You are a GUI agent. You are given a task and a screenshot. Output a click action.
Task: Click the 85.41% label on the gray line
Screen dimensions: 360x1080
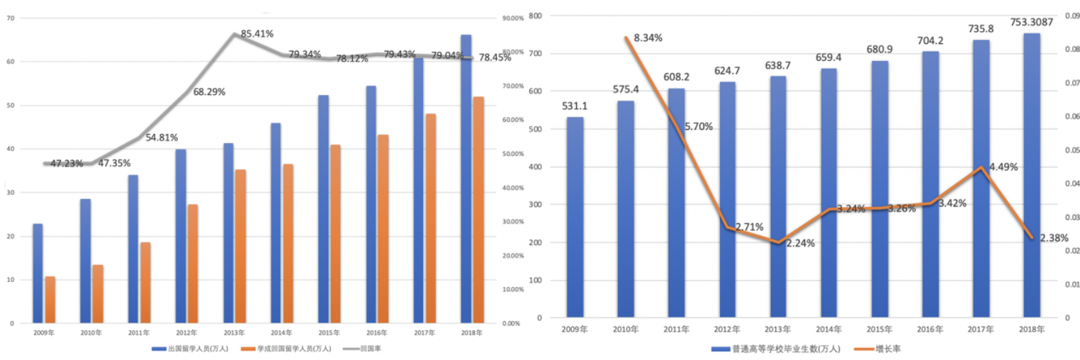click(x=257, y=33)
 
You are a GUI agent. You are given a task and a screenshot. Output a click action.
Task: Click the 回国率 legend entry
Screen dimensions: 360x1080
click(x=371, y=349)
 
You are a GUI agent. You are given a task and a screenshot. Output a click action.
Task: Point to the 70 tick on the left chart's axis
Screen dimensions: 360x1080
click(x=10, y=18)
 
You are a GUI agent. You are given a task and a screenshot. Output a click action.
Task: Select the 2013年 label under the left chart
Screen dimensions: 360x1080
click(x=233, y=332)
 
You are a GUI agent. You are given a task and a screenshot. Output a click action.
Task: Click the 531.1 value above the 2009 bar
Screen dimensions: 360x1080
click(x=575, y=106)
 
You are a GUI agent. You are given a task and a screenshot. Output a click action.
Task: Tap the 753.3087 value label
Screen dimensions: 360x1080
click(x=1032, y=22)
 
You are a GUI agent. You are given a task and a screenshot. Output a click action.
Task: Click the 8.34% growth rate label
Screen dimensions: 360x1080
click(x=648, y=38)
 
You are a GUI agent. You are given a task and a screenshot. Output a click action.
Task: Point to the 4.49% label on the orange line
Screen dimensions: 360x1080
click(x=1003, y=167)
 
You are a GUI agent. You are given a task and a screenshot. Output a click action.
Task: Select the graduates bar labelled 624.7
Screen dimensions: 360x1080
click(x=727, y=199)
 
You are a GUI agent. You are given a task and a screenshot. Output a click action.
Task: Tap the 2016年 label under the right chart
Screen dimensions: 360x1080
click(x=930, y=330)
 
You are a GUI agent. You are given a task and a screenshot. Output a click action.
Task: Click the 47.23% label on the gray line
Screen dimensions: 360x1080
click(x=66, y=162)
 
